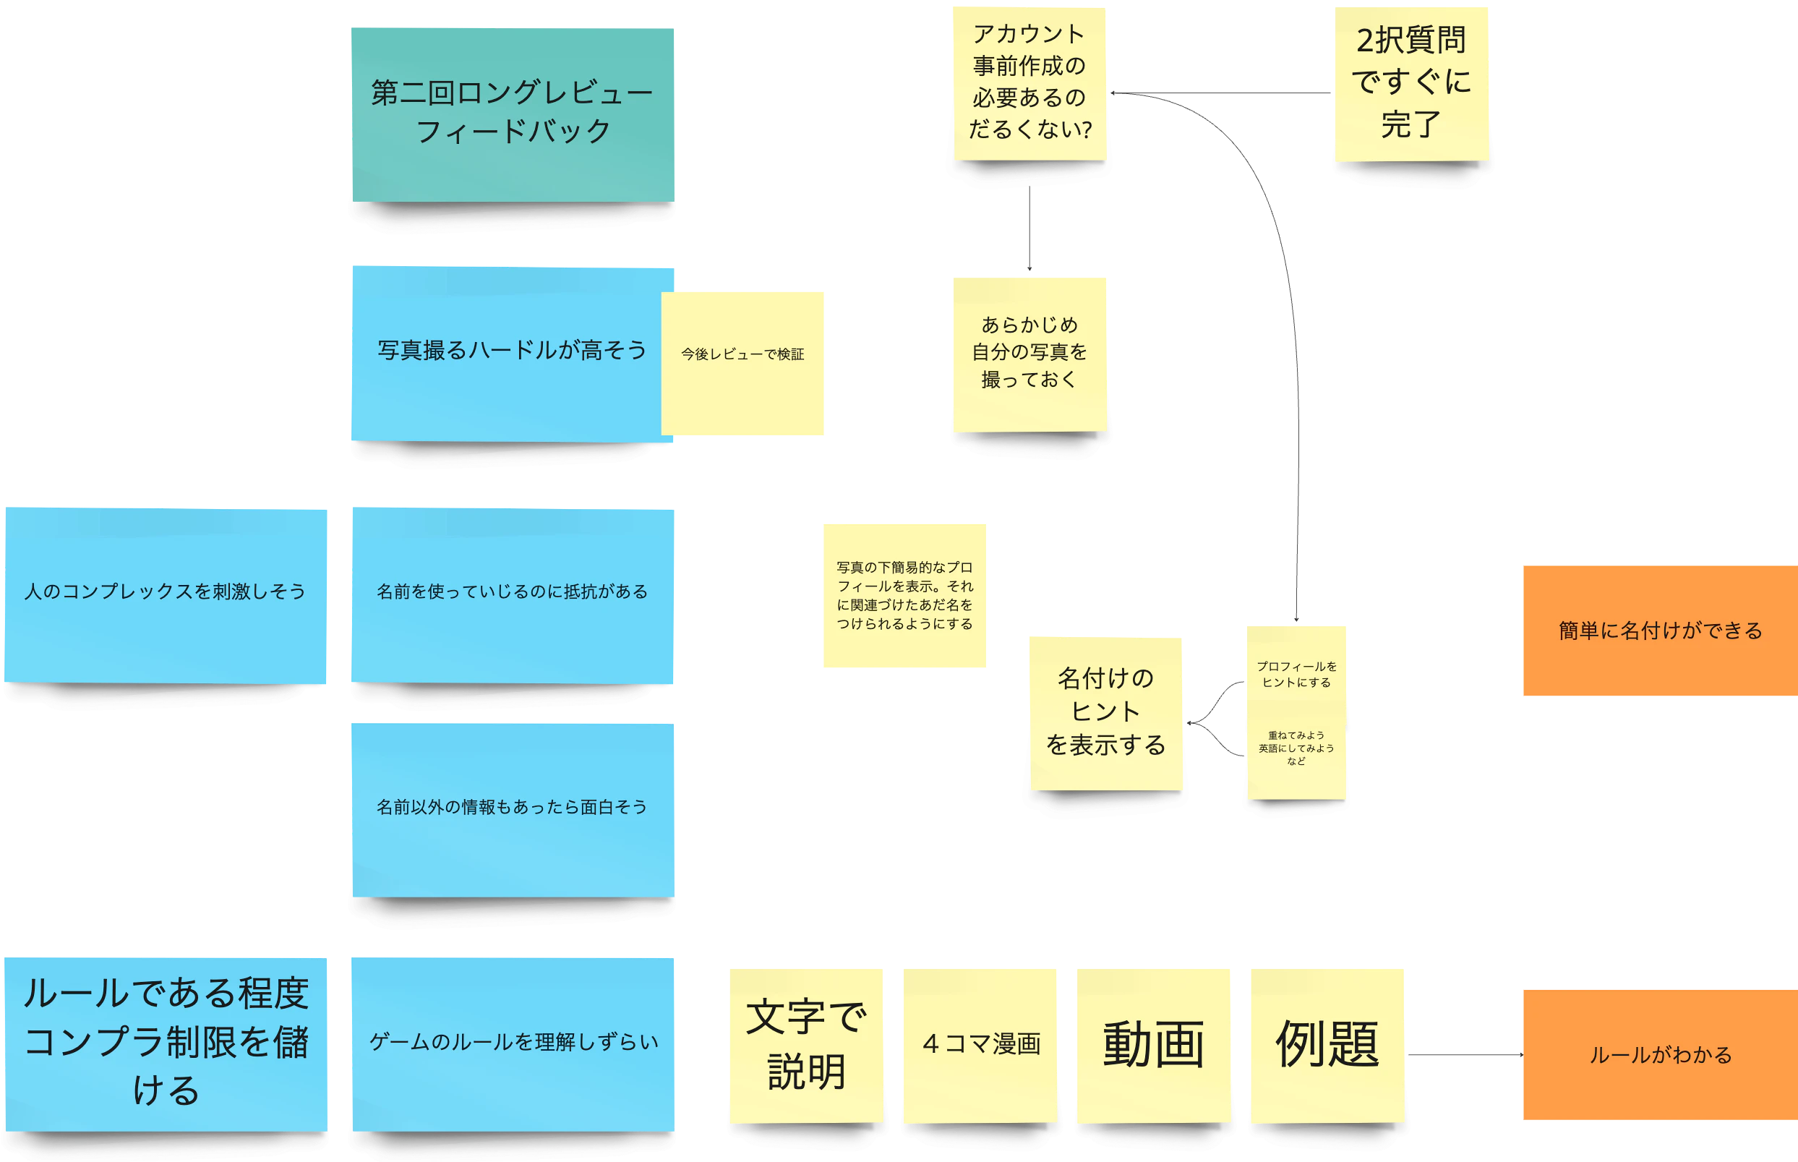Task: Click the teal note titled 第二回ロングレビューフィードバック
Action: (512, 114)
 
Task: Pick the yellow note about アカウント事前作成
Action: (1029, 83)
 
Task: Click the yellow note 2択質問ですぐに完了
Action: (1410, 83)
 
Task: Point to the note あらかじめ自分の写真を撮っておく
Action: (1029, 353)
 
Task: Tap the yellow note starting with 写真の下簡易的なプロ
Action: (904, 595)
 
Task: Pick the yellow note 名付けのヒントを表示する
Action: (1106, 712)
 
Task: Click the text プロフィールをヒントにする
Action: (1296, 675)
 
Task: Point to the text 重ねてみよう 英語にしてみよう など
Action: (1296, 748)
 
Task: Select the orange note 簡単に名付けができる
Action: (1659, 631)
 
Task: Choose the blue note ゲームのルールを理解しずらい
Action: (512, 1043)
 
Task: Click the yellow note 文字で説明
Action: (806, 1044)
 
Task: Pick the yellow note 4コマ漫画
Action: (980, 1044)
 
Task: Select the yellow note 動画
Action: (1153, 1044)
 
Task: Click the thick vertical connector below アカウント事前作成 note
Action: (1029, 229)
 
